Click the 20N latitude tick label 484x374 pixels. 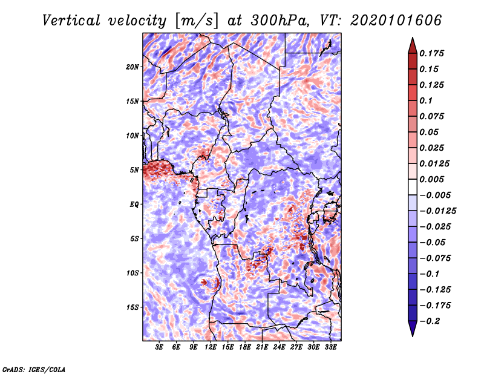click(x=132, y=67)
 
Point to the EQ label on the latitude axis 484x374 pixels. click(x=134, y=205)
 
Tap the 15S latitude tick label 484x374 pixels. click(x=132, y=307)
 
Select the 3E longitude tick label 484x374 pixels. click(x=159, y=347)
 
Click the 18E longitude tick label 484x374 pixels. click(x=245, y=347)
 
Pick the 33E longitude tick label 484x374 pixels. click(x=330, y=347)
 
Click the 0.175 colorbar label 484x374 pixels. click(x=431, y=53)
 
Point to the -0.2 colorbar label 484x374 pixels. click(x=430, y=321)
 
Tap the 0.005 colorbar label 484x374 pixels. click(x=431, y=179)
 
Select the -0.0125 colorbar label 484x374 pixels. click(x=437, y=211)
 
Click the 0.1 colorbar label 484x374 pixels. click(x=426, y=100)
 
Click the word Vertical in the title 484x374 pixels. click(x=71, y=21)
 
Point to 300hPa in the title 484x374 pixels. click(x=280, y=21)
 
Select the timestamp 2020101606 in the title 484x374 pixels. click(x=396, y=21)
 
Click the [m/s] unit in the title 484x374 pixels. click(x=196, y=21)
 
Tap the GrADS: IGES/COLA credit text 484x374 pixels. click(x=34, y=369)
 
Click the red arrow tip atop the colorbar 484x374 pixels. click(x=413, y=38)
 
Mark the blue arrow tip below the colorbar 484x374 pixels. click(x=413, y=336)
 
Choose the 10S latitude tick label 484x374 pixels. click(x=132, y=273)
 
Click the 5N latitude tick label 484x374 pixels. click(x=134, y=170)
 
